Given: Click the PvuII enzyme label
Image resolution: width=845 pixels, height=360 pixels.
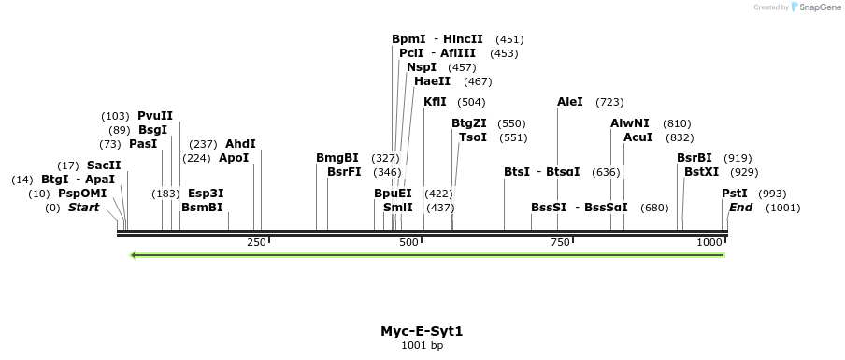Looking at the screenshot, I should point(155,116).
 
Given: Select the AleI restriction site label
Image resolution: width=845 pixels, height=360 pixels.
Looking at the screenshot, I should point(569,102).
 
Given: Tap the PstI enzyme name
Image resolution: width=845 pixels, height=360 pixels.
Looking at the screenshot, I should point(734,194).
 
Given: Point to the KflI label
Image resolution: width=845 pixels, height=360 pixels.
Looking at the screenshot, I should point(435,102).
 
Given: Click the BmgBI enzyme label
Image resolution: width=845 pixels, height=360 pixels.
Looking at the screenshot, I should point(337,158).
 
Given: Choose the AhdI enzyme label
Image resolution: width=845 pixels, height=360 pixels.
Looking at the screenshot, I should point(240,144).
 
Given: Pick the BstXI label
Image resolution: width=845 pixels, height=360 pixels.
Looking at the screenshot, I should point(701,172).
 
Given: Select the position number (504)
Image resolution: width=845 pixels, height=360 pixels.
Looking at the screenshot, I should point(471,102).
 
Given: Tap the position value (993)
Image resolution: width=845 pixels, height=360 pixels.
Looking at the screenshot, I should point(772,194).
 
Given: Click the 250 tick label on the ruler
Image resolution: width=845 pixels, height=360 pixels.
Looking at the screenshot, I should point(256,242).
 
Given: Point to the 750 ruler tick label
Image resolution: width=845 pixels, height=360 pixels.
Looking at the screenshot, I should point(560,242).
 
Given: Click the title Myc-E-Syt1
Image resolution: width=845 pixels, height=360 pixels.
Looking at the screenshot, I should point(422,331).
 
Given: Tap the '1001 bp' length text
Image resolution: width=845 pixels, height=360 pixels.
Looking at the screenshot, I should point(422,346).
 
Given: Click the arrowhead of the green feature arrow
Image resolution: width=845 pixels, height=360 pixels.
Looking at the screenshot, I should point(135,255).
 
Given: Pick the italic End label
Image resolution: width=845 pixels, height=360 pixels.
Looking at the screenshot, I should point(741,208).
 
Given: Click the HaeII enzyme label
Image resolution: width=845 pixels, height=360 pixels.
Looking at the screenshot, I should point(433,81).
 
